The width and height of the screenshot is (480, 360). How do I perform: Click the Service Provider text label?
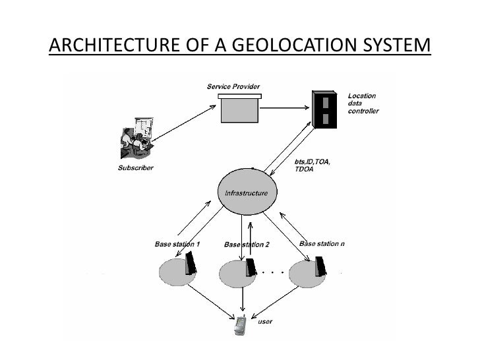(x=233, y=86)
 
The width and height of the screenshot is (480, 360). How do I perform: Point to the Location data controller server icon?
(x=324, y=109)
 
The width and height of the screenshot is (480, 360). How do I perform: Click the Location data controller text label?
(x=363, y=104)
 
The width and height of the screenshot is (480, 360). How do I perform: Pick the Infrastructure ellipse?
(x=247, y=193)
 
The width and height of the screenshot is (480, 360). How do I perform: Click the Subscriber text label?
(x=135, y=168)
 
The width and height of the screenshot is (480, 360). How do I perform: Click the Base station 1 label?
(x=177, y=244)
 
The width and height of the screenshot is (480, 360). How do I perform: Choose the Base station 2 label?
(x=247, y=245)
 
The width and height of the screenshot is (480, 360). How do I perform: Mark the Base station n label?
(x=322, y=243)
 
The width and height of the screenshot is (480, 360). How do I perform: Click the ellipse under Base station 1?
(x=175, y=272)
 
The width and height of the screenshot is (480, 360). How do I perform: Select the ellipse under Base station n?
(x=307, y=272)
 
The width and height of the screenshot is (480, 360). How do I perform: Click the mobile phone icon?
(x=241, y=325)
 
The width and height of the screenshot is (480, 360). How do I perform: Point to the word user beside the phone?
(x=265, y=322)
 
